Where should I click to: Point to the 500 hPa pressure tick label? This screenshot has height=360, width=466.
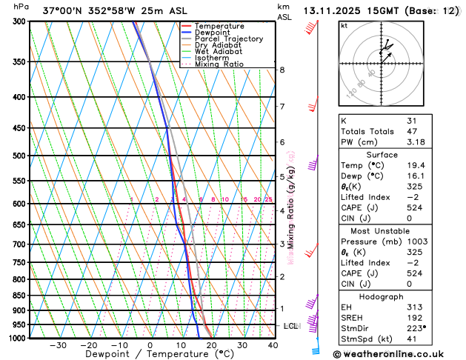[20, 156]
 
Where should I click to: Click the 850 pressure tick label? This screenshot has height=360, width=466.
[20, 295]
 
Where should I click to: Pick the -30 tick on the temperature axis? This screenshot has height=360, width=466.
[57, 345]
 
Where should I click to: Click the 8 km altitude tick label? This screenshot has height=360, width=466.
[282, 70]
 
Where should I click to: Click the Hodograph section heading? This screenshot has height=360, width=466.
[382, 296]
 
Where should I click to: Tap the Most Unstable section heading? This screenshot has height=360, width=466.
[381, 220]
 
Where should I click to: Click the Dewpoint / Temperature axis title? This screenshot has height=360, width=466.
[150, 355]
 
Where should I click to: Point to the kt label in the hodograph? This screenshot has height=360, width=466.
[344, 25]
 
